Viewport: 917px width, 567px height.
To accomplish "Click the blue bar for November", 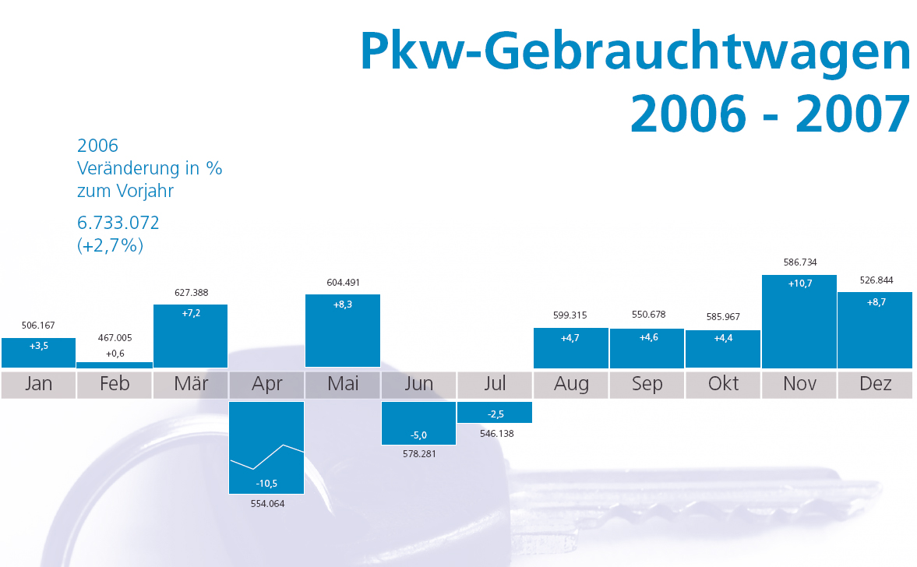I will (x=799, y=322).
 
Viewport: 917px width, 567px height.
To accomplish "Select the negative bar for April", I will (x=266, y=447).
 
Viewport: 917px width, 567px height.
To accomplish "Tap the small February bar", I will (x=115, y=364).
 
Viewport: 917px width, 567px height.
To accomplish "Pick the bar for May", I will (x=343, y=330).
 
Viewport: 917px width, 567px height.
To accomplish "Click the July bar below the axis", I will (x=495, y=412).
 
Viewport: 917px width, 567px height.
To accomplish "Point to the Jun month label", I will (x=419, y=384).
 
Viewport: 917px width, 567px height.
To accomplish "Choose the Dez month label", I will (x=875, y=384).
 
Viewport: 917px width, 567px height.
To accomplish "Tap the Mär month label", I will (x=191, y=384).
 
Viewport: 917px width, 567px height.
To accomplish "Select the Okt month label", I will (x=723, y=384).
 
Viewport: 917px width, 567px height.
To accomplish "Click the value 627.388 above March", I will (x=191, y=293).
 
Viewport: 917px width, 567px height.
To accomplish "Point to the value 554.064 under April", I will (x=267, y=504).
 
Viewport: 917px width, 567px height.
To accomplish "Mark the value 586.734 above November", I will (x=800, y=262).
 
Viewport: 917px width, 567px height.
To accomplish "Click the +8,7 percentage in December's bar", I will (x=876, y=302).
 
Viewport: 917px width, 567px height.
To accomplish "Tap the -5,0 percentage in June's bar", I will (x=419, y=435).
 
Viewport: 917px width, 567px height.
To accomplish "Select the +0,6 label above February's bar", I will (x=115, y=353).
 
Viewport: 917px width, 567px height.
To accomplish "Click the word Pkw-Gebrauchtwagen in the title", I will (x=634, y=52).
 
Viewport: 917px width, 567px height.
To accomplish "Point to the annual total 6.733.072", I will (x=118, y=223).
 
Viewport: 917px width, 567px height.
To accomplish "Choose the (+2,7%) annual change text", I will (x=111, y=245).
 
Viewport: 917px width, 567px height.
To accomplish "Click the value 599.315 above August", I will (x=571, y=315).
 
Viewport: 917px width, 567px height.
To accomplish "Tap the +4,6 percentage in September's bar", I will (x=647, y=337).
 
